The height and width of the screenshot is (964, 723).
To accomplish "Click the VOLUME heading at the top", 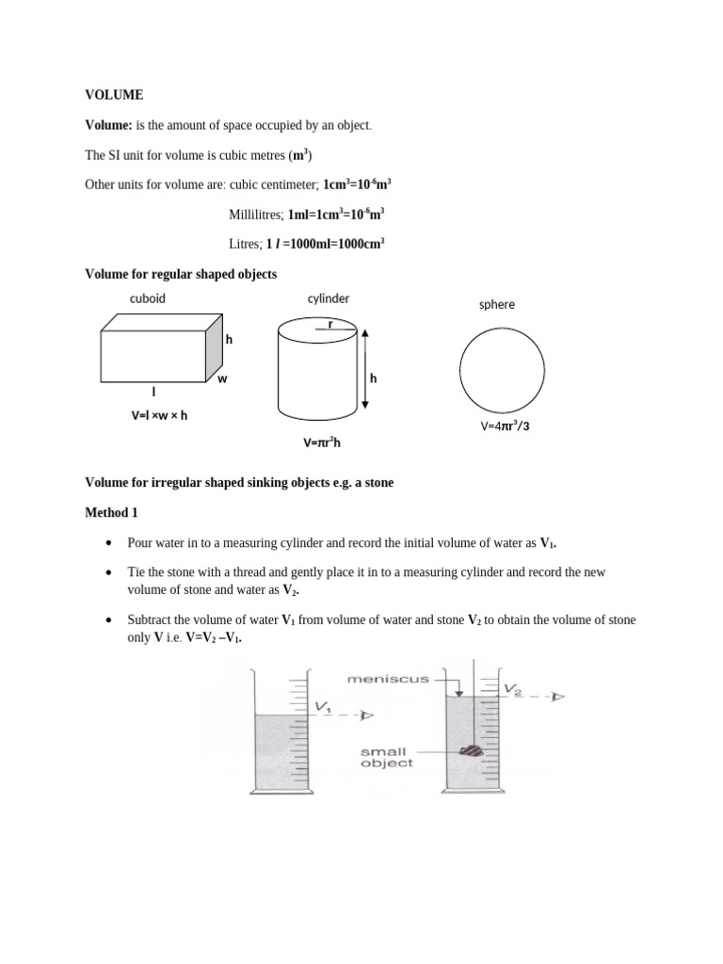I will tap(114, 95).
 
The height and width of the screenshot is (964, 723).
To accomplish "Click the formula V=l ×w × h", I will tap(160, 415).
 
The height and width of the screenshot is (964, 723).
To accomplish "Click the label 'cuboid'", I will tap(148, 298).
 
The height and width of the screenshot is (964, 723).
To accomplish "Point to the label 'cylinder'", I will tap(329, 298).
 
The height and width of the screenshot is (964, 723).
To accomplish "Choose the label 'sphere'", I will tap(497, 305).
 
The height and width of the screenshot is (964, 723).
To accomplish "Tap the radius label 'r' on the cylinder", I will tap(330, 323).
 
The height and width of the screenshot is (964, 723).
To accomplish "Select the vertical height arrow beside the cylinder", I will tap(365, 368).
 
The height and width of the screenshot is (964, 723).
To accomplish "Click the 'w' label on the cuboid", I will tap(223, 378).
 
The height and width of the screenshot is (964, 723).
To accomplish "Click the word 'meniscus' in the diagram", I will tap(388, 678).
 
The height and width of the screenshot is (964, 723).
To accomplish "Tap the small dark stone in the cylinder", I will tap(470, 750).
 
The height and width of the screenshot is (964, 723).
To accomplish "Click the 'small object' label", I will tap(386, 758).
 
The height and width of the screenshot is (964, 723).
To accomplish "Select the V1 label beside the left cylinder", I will tap(323, 706).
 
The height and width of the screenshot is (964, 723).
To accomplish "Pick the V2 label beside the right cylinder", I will tap(513, 689).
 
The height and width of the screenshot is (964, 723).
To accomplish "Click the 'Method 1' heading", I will tap(114, 512).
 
